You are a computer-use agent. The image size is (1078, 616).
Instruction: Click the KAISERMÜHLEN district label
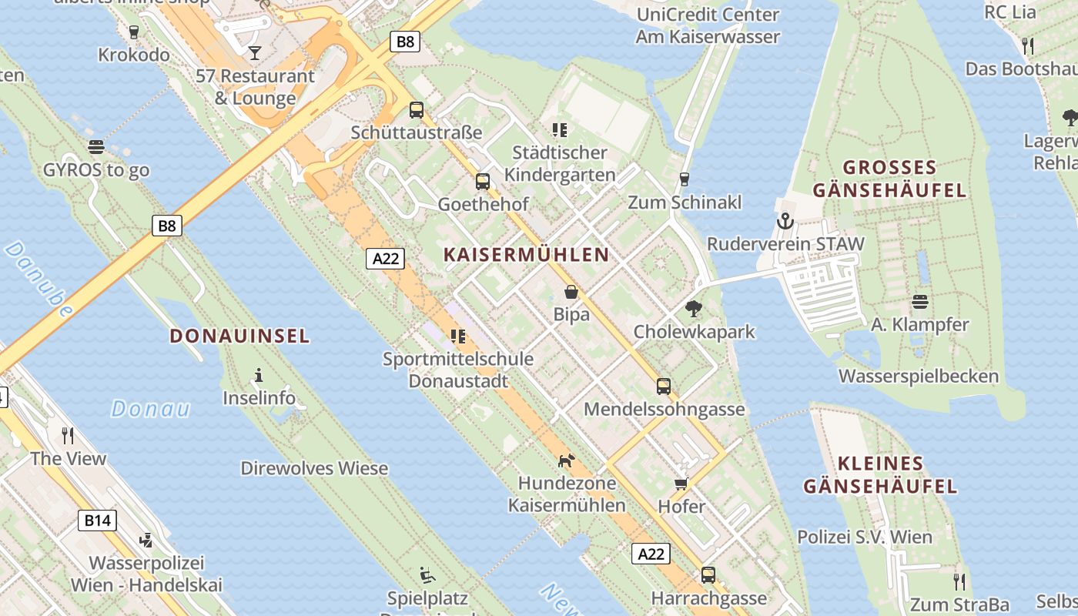(526, 254)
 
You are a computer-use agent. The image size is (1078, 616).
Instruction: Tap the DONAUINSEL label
(239, 336)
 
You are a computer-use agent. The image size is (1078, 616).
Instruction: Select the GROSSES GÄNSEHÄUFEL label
(889, 179)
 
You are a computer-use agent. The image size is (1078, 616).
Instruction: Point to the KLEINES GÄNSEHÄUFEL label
(880, 474)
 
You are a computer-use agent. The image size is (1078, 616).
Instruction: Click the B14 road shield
(98, 521)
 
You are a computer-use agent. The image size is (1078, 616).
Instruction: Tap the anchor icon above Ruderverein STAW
(785, 222)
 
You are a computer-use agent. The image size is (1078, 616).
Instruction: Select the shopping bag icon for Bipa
(571, 292)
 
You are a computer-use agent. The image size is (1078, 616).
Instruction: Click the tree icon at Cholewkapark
(694, 310)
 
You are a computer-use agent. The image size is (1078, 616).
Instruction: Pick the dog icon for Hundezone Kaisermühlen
(566, 460)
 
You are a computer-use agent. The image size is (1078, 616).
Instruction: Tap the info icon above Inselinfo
(259, 376)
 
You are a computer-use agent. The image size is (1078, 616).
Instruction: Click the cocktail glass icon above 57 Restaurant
(255, 52)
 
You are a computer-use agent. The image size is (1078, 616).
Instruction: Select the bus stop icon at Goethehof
(483, 182)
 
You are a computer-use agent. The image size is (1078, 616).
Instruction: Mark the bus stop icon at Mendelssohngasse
(664, 387)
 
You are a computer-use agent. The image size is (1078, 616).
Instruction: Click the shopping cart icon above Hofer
(681, 484)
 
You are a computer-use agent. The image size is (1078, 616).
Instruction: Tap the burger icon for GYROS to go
(96, 147)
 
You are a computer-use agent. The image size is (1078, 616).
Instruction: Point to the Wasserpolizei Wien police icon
(146, 541)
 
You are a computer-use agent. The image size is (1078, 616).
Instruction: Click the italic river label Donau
(150, 408)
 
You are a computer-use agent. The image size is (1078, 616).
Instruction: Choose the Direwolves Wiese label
(314, 468)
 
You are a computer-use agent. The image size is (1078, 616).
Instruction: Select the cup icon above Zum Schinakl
(684, 179)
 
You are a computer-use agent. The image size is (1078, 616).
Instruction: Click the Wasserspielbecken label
(918, 377)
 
